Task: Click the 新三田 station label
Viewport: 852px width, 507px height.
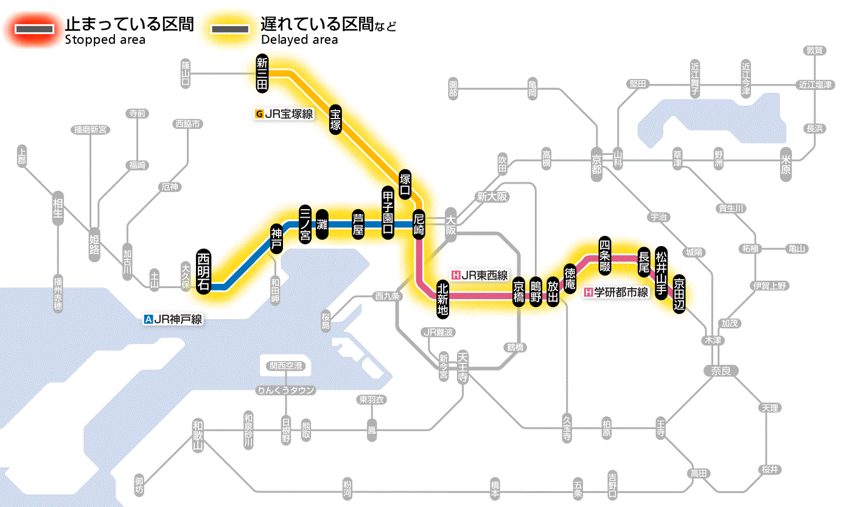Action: click(262, 74)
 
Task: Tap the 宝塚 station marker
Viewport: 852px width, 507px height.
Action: click(336, 119)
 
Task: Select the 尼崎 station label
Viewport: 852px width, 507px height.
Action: click(419, 224)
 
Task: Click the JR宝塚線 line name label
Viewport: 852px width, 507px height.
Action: click(285, 113)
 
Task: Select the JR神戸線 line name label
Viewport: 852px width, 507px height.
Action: click(173, 319)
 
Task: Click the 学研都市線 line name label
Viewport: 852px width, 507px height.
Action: click(616, 292)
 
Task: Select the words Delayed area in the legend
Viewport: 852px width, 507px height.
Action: click(299, 40)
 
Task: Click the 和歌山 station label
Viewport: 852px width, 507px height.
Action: click(197, 435)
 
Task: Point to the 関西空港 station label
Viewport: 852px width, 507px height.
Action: click(286, 366)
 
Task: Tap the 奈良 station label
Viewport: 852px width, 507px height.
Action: click(721, 370)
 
